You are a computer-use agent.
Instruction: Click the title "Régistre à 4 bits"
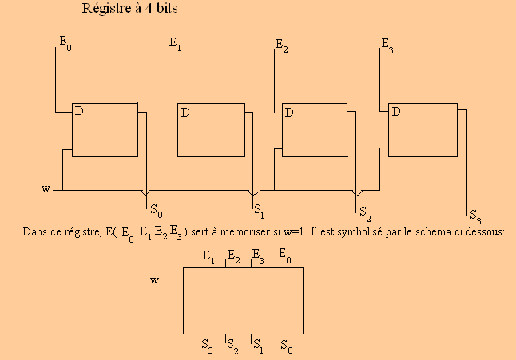(x=129, y=9)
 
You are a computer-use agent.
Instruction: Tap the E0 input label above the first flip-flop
(x=65, y=43)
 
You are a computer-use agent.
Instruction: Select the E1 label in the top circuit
(x=175, y=44)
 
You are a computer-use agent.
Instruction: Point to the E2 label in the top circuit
(x=282, y=45)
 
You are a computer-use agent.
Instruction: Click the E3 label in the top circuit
(x=387, y=45)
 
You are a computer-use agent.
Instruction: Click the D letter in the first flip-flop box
(x=79, y=111)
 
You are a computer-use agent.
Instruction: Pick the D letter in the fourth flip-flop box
(x=396, y=112)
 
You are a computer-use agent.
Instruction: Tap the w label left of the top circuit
(x=46, y=188)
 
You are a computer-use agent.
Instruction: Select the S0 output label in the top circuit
(x=157, y=211)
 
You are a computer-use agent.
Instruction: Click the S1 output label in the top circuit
(x=259, y=211)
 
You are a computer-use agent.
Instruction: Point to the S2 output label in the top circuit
(x=365, y=214)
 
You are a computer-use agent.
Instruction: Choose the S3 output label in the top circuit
(x=475, y=216)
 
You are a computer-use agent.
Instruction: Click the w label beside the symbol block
(x=155, y=280)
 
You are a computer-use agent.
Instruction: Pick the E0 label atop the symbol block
(x=285, y=256)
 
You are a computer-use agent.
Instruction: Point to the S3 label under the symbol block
(x=207, y=346)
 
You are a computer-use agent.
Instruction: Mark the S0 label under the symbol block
(x=286, y=346)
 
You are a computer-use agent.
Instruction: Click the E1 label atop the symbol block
(x=208, y=257)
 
